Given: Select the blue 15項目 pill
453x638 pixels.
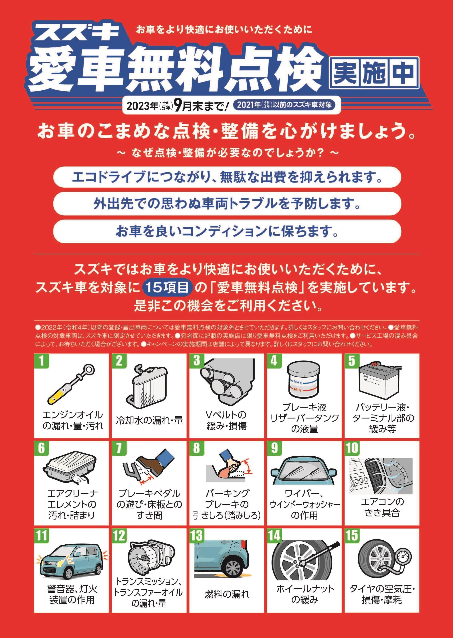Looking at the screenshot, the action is (x=168, y=288).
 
